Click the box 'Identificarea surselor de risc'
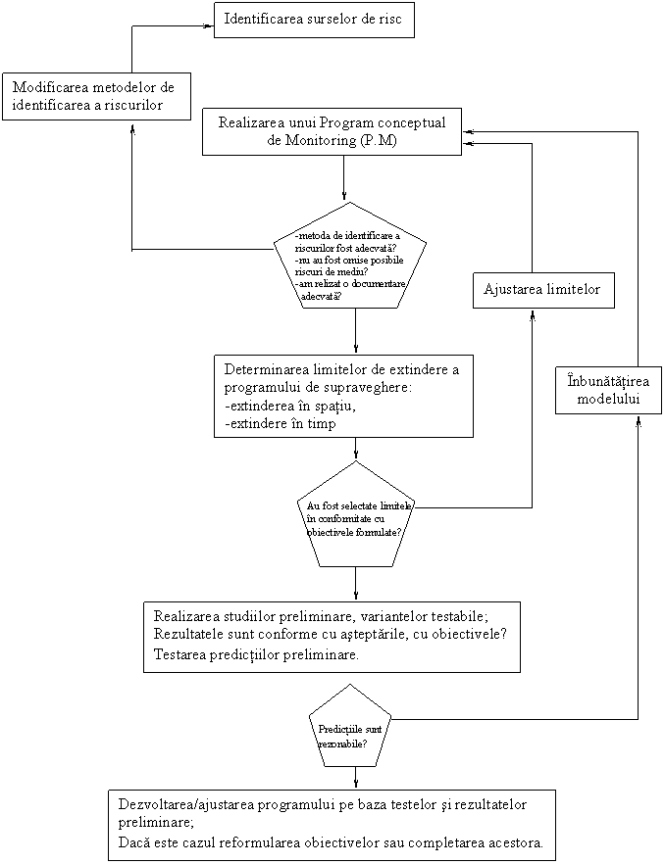[x=314, y=20]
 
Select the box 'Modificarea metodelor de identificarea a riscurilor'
[x=95, y=96]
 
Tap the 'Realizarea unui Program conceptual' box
[x=332, y=131]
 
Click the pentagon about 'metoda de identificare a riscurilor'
[x=350, y=260]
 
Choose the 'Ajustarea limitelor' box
[x=543, y=290]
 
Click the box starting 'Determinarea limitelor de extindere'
[x=343, y=396]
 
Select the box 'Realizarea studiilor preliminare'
[x=332, y=636]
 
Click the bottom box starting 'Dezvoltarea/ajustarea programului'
[x=332, y=824]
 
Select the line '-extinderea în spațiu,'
[x=289, y=407]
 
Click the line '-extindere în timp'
[x=281, y=424]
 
